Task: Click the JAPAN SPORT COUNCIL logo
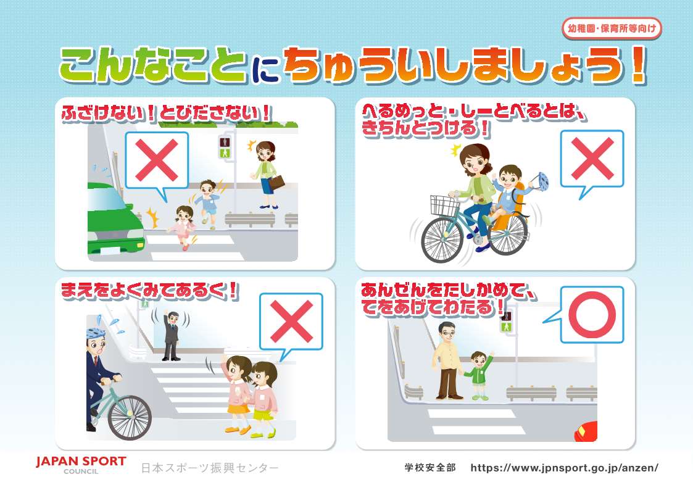coord(81,465)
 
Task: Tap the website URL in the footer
coord(565,467)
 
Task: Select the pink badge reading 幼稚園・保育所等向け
coord(612,29)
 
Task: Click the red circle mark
coord(592,315)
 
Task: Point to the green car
coord(114,219)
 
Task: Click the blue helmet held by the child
coord(541,181)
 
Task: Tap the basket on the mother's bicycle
coord(445,205)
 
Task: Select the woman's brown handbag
coord(276,183)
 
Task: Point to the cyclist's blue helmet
coord(95,332)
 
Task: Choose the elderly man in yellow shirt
coord(448,360)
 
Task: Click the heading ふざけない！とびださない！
coord(166,113)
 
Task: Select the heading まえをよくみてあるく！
coord(149,291)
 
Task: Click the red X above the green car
coord(157,160)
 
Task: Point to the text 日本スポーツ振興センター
coord(209,468)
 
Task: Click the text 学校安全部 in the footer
coord(429,467)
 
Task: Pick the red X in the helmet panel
coord(592,158)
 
